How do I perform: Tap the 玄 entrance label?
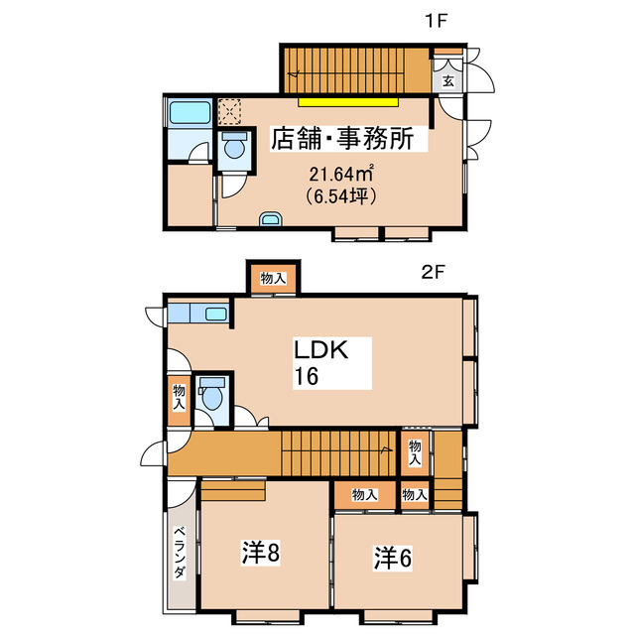[447, 80]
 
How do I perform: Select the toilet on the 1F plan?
[234, 148]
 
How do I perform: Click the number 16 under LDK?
[306, 377]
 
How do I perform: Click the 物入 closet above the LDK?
[272, 280]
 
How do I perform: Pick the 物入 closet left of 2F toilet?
[179, 397]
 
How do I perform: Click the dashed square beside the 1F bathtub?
[229, 110]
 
